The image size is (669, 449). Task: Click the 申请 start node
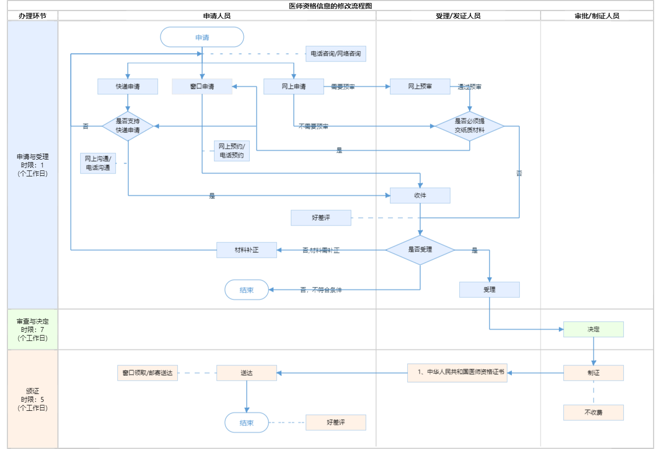202,37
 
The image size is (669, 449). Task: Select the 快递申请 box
128,86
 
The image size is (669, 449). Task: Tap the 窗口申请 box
202,86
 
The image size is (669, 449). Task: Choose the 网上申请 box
293,86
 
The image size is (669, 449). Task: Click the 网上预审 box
420,86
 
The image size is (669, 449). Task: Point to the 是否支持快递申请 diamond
128,126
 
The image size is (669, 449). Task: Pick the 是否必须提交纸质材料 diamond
469,126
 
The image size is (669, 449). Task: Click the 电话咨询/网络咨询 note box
335,54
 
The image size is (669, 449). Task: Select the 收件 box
420,195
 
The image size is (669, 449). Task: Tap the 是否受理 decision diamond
420,250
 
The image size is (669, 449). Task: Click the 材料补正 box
246,250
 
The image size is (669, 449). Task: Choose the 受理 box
489,289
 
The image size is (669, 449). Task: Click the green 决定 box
593,329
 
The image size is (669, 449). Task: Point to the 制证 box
593,373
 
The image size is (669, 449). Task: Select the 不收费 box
593,412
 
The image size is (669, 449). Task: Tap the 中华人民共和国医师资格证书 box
457,373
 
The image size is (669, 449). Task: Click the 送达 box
246,373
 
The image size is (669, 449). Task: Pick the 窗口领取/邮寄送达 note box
148,373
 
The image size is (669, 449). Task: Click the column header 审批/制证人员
597,16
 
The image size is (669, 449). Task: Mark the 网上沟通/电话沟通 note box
98,163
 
